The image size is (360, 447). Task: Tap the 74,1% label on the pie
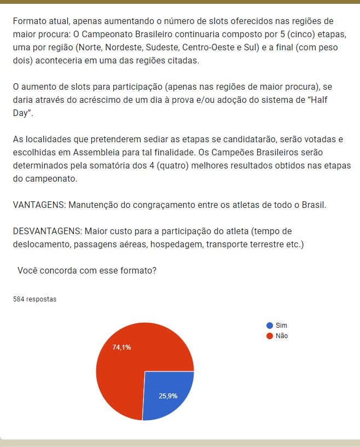pos(121,347)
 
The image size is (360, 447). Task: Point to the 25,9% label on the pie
pos(168,396)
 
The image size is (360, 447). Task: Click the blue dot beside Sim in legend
pos(269,325)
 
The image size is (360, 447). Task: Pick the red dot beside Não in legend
pos(269,336)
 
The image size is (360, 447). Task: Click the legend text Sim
pos(281,325)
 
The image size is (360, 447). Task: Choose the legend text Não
pos(282,336)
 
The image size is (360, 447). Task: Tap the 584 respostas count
pos(34,299)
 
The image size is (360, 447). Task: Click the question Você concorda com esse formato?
pos(87,270)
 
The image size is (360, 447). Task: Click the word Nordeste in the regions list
pos(102,47)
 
